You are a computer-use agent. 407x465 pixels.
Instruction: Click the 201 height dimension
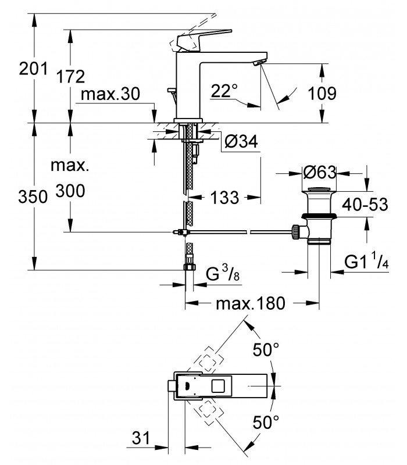(33, 69)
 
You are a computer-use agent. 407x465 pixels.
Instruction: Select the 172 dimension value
(70, 77)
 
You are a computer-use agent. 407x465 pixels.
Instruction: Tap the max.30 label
(110, 94)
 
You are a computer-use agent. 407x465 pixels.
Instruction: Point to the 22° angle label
(224, 91)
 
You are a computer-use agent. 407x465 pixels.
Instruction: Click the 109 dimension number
(322, 94)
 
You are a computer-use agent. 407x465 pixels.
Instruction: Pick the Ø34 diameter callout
(241, 141)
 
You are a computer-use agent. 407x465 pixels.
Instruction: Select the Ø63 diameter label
(320, 172)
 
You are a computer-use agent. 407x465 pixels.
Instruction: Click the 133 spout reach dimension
(224, 197)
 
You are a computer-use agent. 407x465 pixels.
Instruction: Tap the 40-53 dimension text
(365, 205)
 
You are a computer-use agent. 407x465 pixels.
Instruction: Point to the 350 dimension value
(33, 196)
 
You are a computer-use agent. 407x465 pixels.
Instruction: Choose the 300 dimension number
(70, 191)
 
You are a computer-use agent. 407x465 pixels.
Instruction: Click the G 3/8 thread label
(223, 273)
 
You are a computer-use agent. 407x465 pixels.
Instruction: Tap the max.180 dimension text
(251, 303)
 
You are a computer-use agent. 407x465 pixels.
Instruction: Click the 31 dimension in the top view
(141, 438)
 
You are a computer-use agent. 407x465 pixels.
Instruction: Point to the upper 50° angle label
(266, 350)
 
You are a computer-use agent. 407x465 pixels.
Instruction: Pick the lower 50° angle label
(266, 421)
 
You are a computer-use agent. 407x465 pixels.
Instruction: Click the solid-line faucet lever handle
(203, 41)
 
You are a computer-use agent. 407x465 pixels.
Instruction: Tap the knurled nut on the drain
(296, 232)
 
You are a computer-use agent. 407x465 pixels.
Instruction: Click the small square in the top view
(219, 386)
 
